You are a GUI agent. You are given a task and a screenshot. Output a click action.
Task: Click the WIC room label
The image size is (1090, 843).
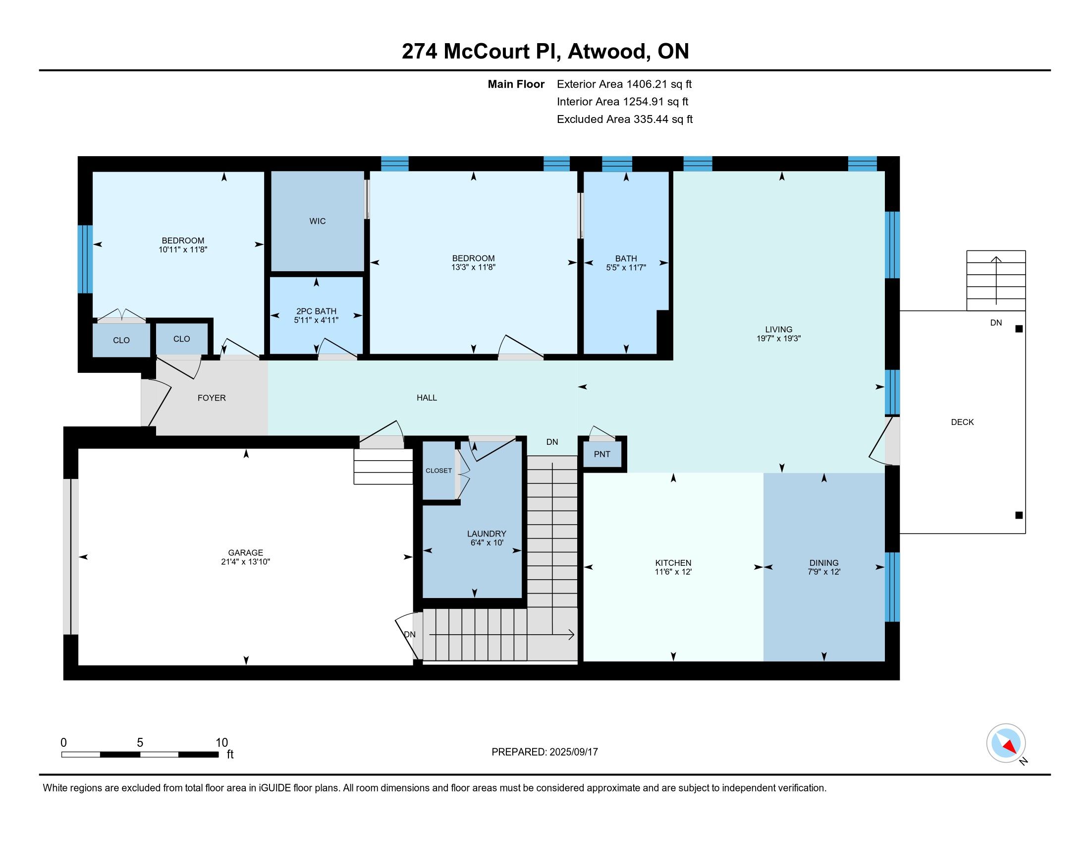pyautogui.click(x=318, y=221)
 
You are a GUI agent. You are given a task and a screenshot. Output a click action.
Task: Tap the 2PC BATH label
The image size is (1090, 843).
pyautogui.click(x=317, y=311)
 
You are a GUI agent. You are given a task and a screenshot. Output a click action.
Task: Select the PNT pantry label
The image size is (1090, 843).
pyautogui.click(x=602, y=454)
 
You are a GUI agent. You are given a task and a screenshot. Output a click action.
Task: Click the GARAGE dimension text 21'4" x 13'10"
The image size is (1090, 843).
pyautogui.click(x=246, y=561)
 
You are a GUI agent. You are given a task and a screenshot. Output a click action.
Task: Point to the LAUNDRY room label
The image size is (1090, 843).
pyautogui.click(x=487, y=534)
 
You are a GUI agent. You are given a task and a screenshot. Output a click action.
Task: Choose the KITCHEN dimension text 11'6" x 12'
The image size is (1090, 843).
pyautogui.click(x=673, y=572)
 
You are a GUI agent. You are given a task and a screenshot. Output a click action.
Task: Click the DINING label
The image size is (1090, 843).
pyautogui.click(x=824, y=563)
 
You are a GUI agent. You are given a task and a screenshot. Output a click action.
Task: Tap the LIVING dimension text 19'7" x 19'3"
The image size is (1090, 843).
pyautogui.click(x=778, y=338)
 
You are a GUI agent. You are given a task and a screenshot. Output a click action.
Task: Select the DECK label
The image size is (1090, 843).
pyautogui.click(x=962, y=422)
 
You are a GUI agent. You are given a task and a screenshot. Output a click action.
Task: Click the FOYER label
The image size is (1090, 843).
pyautogui.click(x=212, y=398)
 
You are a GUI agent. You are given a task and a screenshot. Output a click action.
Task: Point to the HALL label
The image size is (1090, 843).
pyautogui.click(x=427, y=398)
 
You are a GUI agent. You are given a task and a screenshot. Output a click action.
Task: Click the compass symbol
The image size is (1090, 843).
pyautogui.click(x=1006, y=743)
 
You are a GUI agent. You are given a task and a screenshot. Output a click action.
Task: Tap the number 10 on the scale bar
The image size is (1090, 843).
pyautogui.click(x=221, y=743)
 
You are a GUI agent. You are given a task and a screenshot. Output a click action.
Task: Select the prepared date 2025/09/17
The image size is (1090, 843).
pyautogui.click(x=573, y=752)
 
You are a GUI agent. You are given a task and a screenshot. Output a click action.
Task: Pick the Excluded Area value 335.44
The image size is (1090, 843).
pyautogui.click(x=651, y=119)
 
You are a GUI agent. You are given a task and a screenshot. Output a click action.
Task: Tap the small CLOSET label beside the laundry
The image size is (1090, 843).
pyautogui.click(x=438, y=471)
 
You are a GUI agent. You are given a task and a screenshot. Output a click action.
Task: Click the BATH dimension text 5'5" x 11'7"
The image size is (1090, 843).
pyautogui.click(x=626, y=267)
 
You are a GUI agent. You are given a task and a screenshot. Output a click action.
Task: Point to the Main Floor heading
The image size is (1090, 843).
pyautogui.click(x=516, y=84)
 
